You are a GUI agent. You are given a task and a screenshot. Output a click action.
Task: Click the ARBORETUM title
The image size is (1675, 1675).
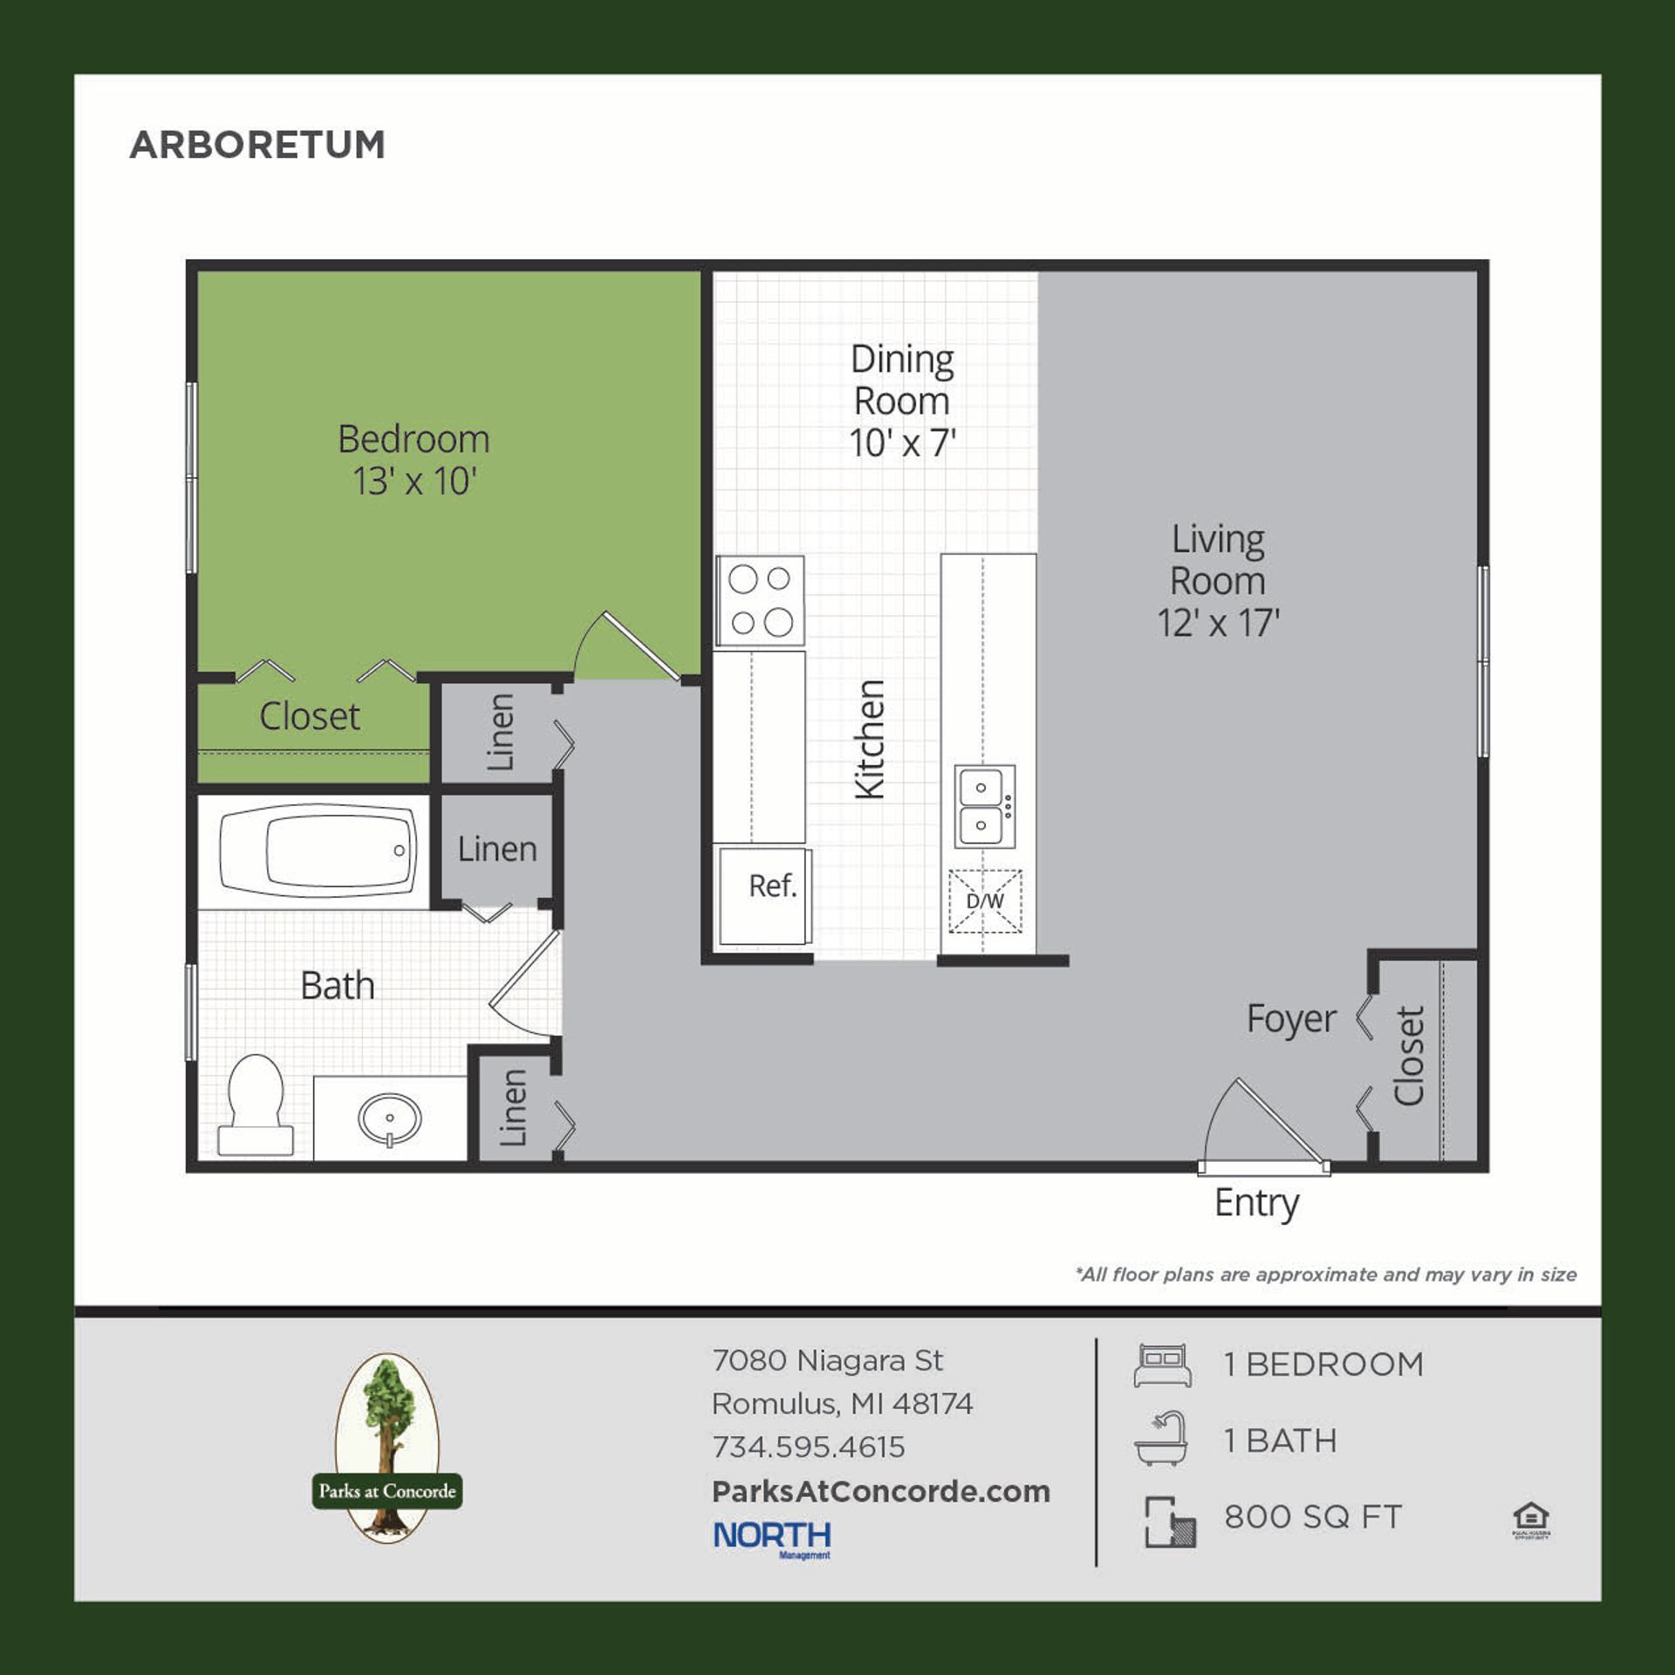[x=257, y=145]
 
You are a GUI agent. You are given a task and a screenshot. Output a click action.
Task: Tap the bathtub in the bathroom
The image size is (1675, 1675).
[x=318, y=851]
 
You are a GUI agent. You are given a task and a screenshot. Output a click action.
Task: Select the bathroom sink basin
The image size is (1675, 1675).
[x=390, y=1118]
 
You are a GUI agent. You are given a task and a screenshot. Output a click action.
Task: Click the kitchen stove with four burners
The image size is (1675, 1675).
[x=760, y=600]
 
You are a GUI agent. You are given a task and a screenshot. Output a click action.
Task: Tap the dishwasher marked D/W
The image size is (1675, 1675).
[x=985, y=901]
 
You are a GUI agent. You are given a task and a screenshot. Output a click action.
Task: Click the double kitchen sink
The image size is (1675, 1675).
[x=984, y=806]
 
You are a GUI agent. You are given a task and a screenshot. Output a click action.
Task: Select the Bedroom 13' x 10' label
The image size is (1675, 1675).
[x=414, y=460]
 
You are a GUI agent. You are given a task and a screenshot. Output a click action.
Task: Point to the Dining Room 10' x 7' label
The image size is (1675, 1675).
[x=902, y=401]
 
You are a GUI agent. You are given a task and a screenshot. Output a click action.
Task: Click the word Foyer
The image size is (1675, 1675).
[x=1290, y=1019]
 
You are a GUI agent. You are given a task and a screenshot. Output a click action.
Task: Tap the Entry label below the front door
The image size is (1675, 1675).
[x=1256, y=1203]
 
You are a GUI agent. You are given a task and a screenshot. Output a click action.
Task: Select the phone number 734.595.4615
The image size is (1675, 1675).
[x=808, y=1447]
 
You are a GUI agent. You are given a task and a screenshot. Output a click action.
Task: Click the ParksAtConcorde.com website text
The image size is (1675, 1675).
[x=880, y=1491]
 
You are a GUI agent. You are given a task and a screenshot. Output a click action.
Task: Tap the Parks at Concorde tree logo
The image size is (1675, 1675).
[x=387, y=1447]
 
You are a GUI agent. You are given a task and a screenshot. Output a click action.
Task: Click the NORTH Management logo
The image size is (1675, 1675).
[x=772, y=1537]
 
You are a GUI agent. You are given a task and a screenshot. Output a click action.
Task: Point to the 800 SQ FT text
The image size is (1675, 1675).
[x=1312, y=1517]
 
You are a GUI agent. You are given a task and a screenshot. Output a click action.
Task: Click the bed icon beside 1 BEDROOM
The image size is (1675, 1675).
[x=1162, y=1365]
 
